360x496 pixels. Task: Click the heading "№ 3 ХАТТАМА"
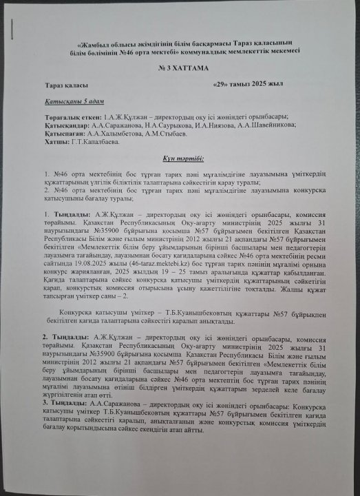coord(182,69)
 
